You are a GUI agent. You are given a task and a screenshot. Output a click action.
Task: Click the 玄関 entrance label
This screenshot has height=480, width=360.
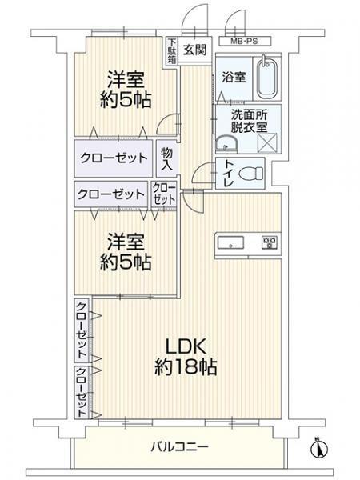195,50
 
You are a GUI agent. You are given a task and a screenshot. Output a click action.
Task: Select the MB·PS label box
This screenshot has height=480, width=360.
245,41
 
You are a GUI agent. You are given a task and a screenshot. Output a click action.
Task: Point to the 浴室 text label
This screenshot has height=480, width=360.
234,77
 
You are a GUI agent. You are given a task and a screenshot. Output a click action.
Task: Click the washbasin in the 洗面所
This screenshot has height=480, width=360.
226,143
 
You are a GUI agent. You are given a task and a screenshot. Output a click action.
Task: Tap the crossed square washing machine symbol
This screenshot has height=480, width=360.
267,142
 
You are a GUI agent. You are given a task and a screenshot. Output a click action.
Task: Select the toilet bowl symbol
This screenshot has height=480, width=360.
250,174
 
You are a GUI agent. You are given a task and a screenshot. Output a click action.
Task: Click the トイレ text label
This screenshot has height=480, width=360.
230,173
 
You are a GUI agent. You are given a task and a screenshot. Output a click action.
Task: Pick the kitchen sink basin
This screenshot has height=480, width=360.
230,243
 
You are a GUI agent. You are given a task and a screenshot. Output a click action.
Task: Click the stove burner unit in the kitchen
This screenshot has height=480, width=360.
270,242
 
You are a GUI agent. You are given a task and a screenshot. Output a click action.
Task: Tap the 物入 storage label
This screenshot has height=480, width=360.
167,158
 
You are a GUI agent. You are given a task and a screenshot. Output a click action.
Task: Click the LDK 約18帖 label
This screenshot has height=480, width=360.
186,357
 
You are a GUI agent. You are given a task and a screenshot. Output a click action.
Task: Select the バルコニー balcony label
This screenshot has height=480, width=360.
179,447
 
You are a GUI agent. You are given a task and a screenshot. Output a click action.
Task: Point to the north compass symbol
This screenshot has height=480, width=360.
319,449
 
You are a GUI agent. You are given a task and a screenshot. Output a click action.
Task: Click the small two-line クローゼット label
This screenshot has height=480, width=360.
164,194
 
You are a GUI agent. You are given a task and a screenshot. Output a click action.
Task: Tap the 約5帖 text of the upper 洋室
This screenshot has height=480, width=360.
126,99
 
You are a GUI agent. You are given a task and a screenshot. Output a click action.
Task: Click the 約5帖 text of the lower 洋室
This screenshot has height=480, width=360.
126,262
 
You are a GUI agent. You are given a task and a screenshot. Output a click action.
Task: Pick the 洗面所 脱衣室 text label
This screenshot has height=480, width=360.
249,122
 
